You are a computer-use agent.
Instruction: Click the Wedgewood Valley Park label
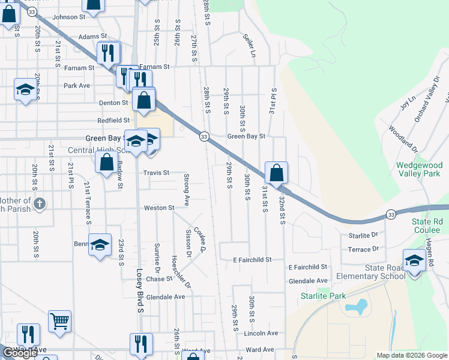tap(419, 170)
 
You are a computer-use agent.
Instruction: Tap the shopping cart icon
tap(59, 321)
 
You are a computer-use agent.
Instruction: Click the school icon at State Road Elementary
tap(414, 259)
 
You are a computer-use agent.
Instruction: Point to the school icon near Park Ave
tap(25, 89)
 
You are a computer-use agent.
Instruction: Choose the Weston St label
tap(158, 208)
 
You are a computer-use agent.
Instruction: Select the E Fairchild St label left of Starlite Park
tap(252, 260)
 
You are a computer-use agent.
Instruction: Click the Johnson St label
tap(69, 17)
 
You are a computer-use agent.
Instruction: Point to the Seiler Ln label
tap(250, 43)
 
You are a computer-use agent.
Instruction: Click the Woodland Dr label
tap(402, 137)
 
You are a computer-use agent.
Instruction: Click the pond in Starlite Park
tap(356, 307)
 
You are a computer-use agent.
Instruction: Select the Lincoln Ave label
tap(261, 333)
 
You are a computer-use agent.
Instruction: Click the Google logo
tap(20, 353)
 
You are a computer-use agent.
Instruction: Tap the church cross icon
tap(40, 203)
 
